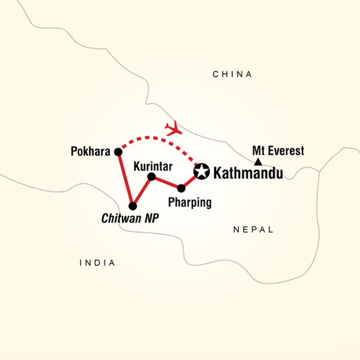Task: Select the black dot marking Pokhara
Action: coord(118,152)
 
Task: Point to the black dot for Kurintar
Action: coord(152,176)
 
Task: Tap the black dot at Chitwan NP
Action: coord(133,206)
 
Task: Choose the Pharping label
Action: coord(190,202)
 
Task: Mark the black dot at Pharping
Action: coord(181,188)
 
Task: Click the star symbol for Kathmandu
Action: coord(202,172)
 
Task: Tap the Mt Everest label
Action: coord(278,151)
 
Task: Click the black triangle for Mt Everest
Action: coord(257,162)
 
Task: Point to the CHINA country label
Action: coord(233,74)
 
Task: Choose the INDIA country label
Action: coord(97,263)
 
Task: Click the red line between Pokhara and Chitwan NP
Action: coord(125,179)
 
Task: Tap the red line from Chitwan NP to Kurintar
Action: coord(142,191)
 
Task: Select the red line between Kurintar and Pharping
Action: coord(167,182)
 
